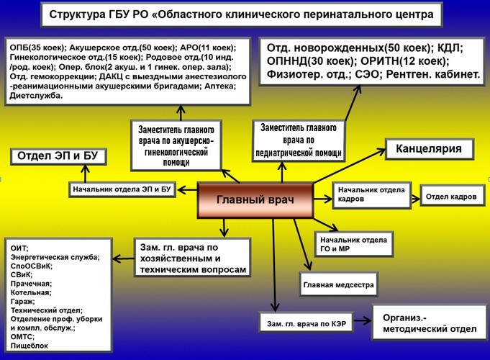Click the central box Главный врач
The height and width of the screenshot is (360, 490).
[255, 199]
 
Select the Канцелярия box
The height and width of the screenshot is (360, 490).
[429, 149]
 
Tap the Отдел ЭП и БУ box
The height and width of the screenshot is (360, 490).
[54, 156]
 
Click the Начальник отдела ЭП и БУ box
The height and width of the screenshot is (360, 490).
[123, 189]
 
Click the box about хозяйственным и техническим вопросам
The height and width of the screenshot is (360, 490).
[192, 258]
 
